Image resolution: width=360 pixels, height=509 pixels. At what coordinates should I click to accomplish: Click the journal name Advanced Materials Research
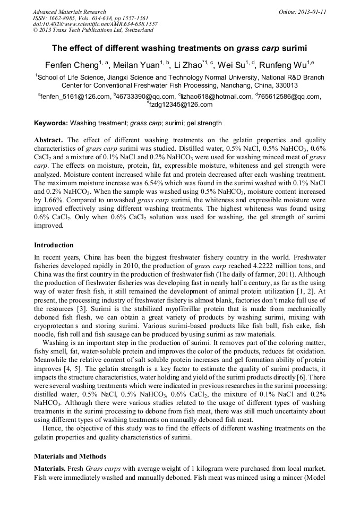coord(69,12)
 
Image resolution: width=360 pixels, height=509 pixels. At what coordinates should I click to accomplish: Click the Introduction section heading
coord(54,245)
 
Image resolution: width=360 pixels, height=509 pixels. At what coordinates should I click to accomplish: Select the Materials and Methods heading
coord(70,456)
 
